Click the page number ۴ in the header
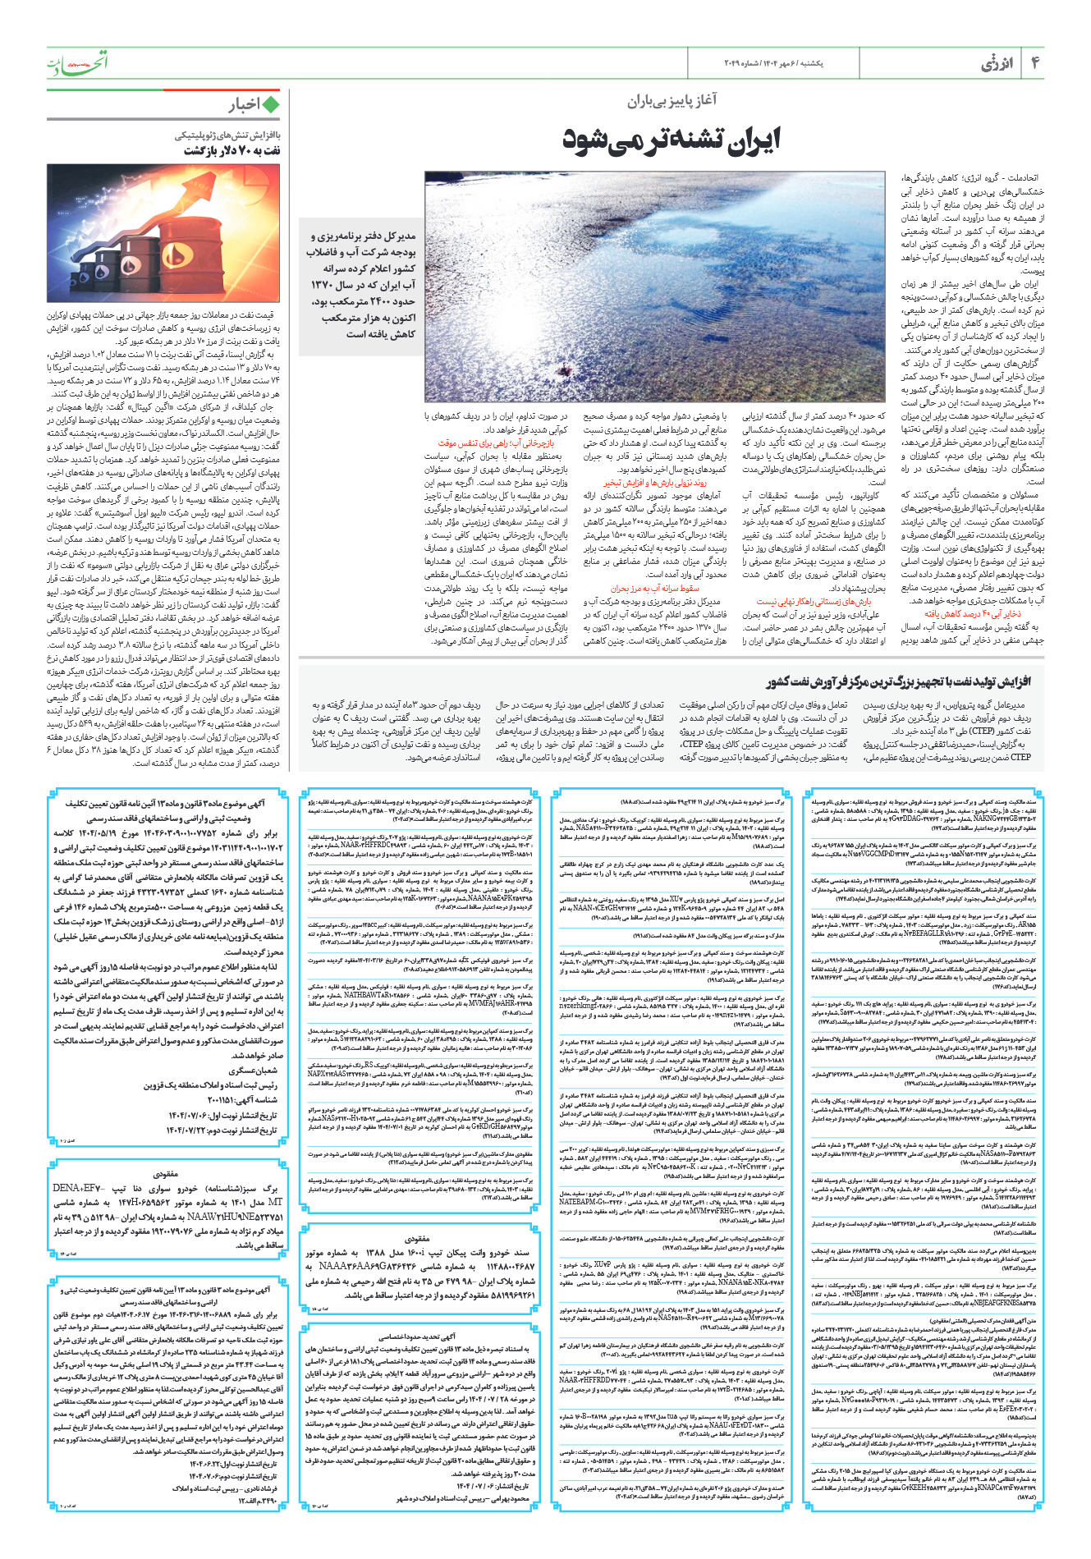pyautogui.click(x=1035, y=63)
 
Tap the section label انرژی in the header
pyautogui.click(x=997, y=64)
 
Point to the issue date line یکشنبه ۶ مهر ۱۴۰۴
pyautogui.click(x=791, y=63)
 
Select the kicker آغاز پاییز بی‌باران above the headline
pyautogui.click(x=672, y=101)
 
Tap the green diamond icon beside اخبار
pyautogui.click(x=270, y=104)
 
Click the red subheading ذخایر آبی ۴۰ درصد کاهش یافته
pyautogui.click(x=973, y=613)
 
